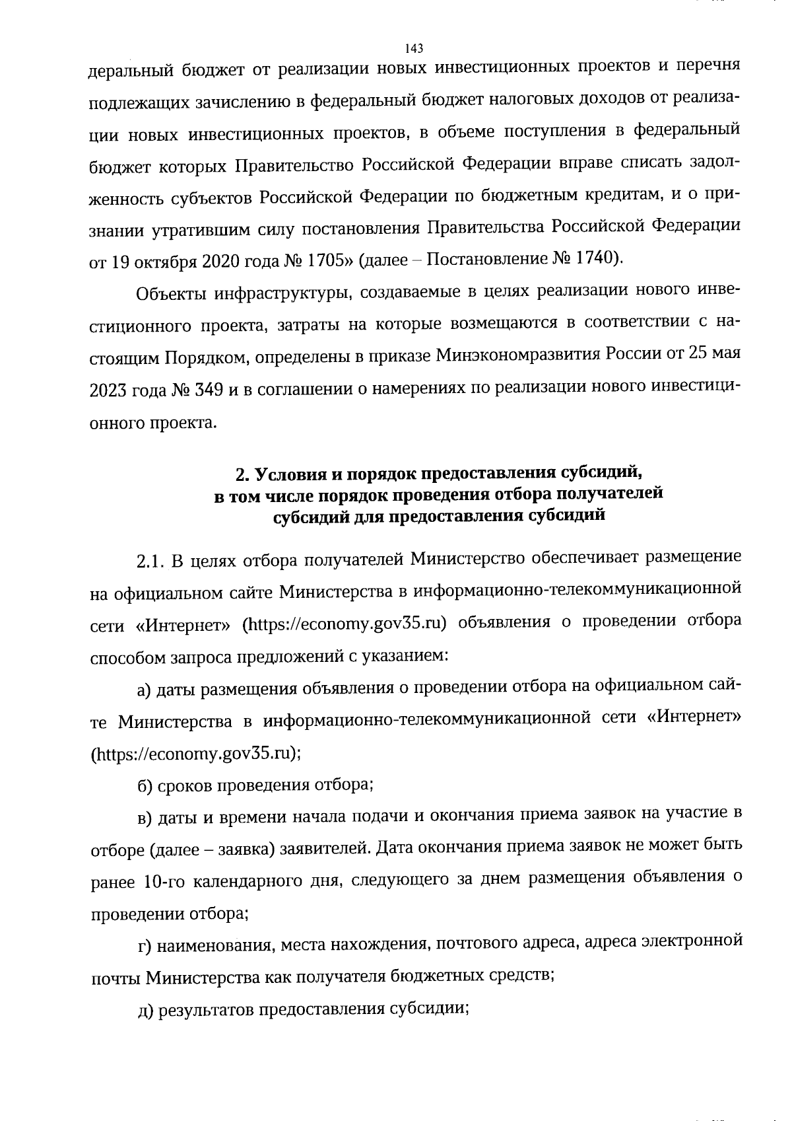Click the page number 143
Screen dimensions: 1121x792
click(x=414, y=48)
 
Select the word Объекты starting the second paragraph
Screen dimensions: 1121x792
click(x=172, y=293)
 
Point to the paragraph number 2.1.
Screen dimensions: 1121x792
click(x=151, y=559)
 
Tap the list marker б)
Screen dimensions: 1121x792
click(x=145, y=785)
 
